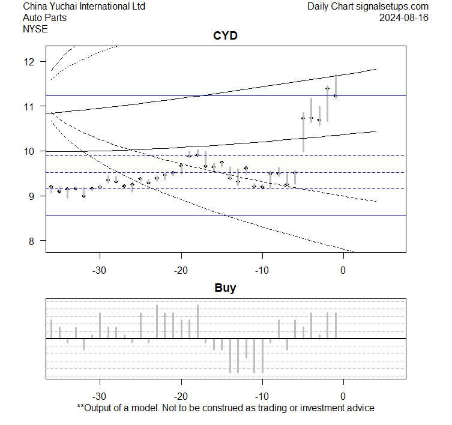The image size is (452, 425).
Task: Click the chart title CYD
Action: [x=226, y=36]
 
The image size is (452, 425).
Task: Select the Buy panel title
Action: [x=226, y=288]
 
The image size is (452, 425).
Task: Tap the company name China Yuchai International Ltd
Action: [x=84, y=7]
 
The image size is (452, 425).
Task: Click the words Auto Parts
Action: [x=45, y=17]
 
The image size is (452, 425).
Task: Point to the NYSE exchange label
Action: [x=35, y=28]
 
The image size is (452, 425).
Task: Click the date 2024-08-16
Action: [x=404, y=17]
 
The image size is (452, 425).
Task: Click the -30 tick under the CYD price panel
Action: [x=100, y=270]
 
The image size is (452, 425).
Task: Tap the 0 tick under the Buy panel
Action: [x=343, y=396]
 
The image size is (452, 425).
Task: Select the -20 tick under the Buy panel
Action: [x=181, y=396]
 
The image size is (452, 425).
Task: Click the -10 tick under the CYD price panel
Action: [x=262, y=270]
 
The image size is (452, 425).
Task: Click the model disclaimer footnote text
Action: [x=226, y=408]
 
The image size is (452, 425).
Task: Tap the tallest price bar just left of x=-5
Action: [x=303, y=132]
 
